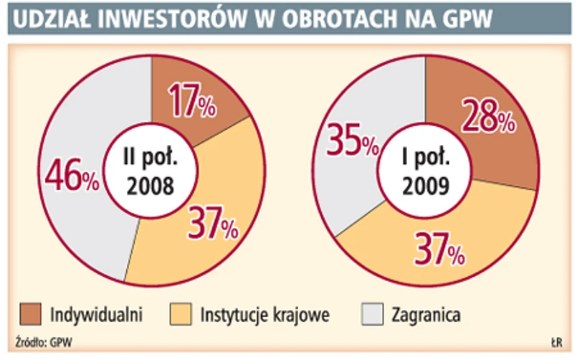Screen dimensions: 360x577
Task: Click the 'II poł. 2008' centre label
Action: pyautogui.click(x=151, y=172)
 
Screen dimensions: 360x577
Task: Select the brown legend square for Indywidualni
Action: pyautogui.click(x=30, y=313)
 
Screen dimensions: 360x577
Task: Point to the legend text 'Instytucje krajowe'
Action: pyautogui.click(x=264, y=314)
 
